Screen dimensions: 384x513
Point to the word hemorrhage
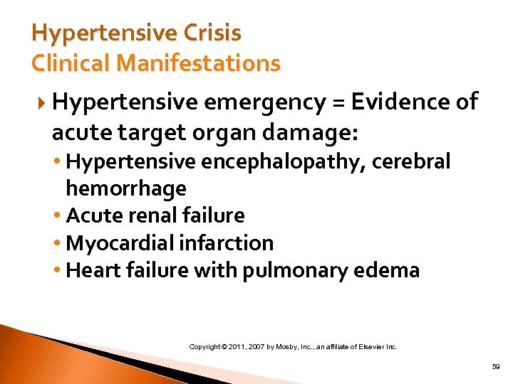coord(125,188)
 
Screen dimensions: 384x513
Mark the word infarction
coord(229,242)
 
